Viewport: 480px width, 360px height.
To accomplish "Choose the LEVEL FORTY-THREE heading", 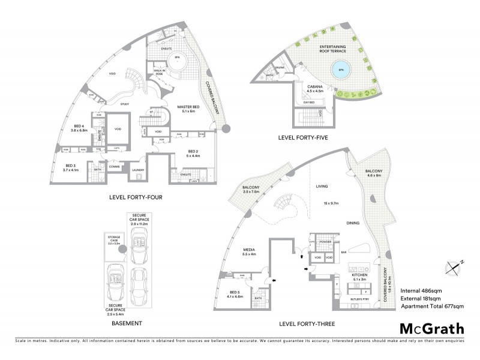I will pyautogui.click(x=307, y=323).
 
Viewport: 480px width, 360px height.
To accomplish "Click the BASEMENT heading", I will pyautogui.click(x=127, y=323).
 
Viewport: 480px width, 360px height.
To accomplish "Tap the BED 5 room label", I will pyautogui.click(x=234, y=293).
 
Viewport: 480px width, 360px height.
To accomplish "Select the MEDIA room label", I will pyautogui.click(x=251, y=251).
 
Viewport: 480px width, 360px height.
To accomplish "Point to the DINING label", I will pyautogui.click(x=353, y=223).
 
